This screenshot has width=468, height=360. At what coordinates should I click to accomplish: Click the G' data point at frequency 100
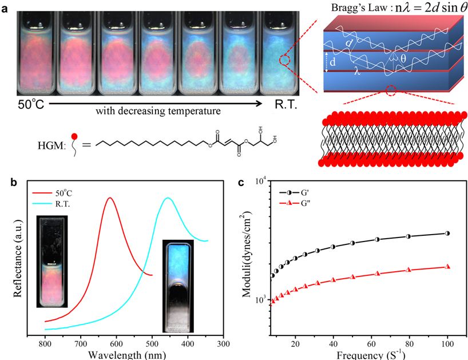[447, 234]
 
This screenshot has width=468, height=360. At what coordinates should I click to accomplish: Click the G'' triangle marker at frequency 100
[447, 267]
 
